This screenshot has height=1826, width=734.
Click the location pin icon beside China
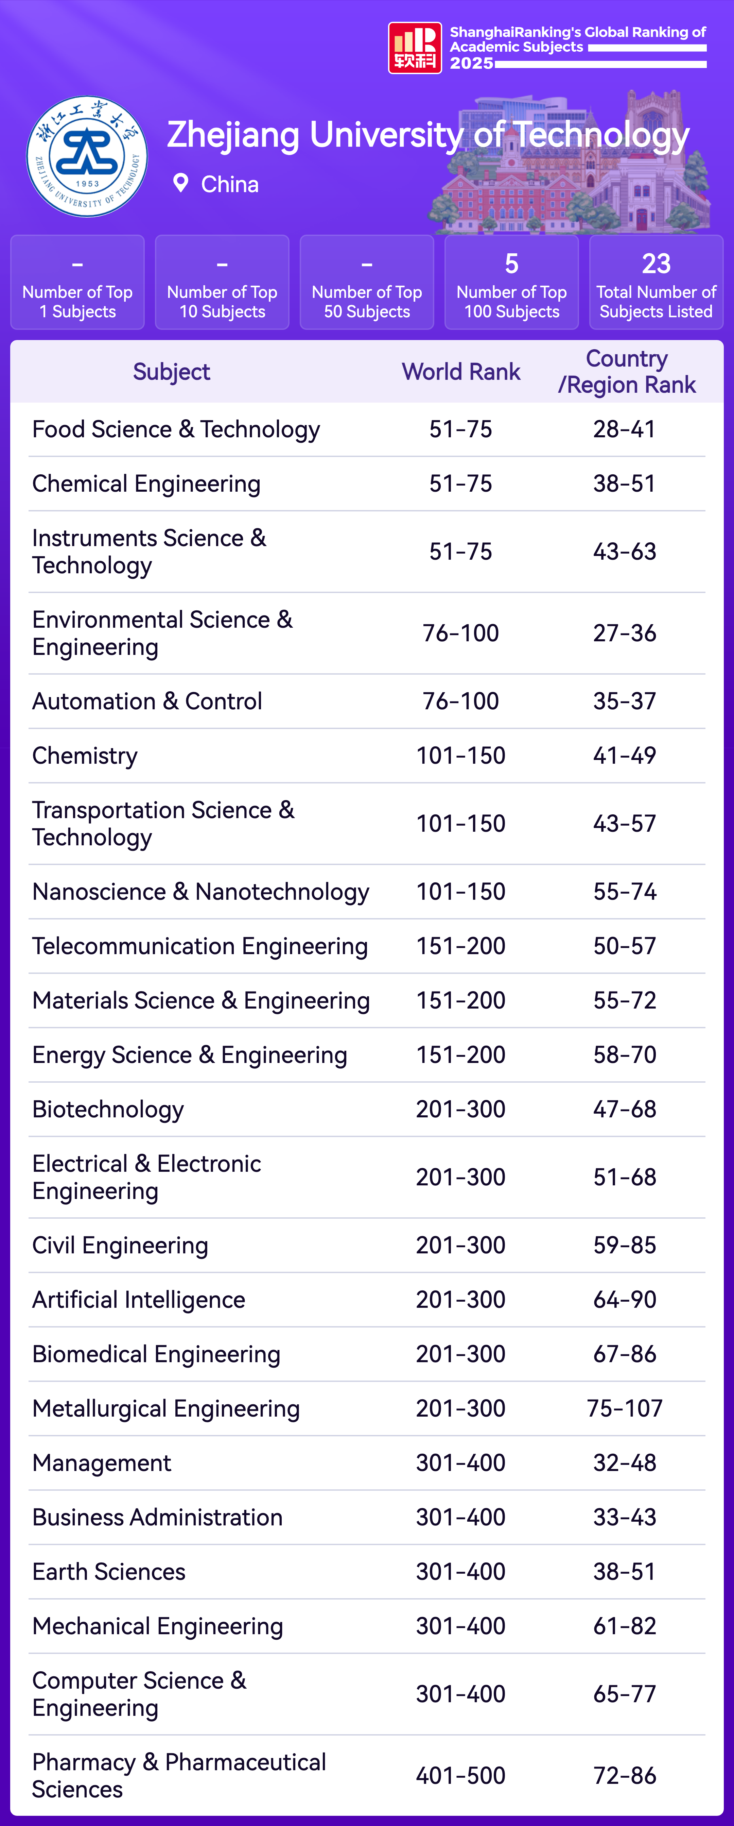[181, 183]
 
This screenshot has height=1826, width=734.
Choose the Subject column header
[172, 371]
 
